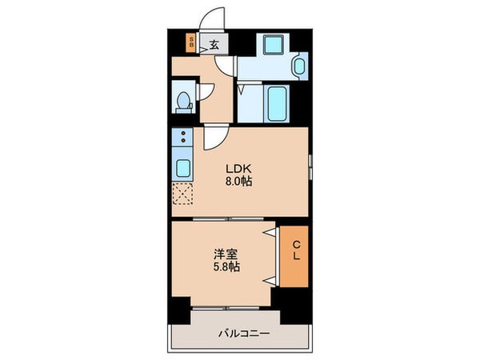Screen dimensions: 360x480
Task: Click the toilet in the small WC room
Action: pos(183,102)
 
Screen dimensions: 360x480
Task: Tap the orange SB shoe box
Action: pos(191,44)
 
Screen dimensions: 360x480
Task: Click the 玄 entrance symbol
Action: pos(214,46)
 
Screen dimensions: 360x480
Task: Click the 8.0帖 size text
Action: pos(238,181)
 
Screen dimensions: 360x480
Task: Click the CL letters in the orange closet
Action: pos(295,252)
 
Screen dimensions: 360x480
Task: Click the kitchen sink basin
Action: pos(182,169)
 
